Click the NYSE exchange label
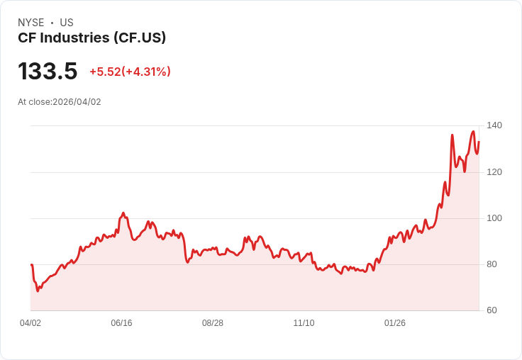[x=31, y=23]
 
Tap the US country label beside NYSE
[x=67, y=23]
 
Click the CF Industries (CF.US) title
[x=92, y=38]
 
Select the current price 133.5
[x=48, y=71]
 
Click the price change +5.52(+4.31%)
[x=130, y=72]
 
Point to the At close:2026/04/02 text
[x=60, y=102]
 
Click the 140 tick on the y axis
[x=494, y=125]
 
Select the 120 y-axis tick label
[x=494, y=172]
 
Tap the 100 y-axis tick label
[x=494, y=218]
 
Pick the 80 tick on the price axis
[x=492, y=264]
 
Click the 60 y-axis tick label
[x=492, y=310]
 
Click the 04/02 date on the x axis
[x=30, y=323]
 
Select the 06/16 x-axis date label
[x=121, y=323]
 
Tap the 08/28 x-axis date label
[x=213, y=323]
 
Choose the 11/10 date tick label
[x=304, y=323]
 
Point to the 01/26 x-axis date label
[x=395, y=323]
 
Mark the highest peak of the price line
[x=473, y=131]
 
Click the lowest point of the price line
[x=38, y=291]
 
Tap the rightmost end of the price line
[x=479, y=142]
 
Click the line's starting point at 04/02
[x=31, y=265]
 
